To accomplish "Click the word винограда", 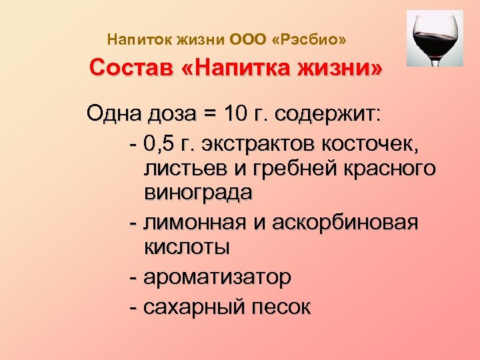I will pyautogui.click(x=197, y=194).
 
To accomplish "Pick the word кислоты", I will pyautogui.click(x=187, y=247).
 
